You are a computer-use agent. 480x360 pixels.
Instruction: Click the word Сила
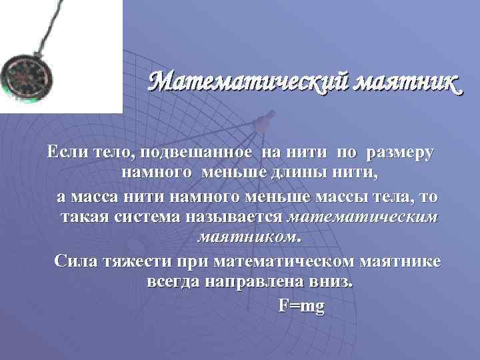(x=75, y=260)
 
